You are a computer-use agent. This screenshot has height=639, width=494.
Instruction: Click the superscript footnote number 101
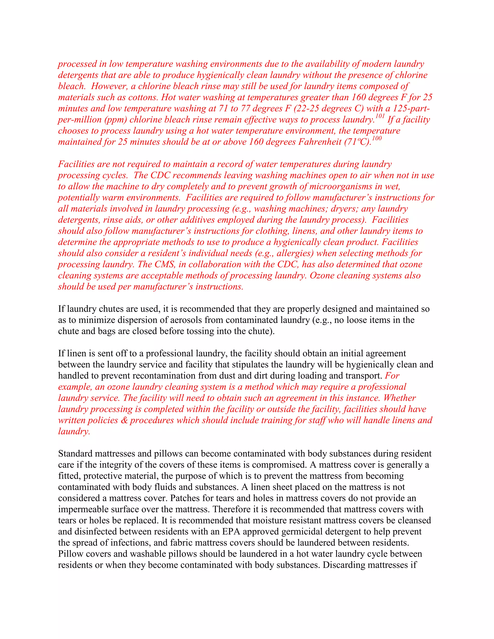(x=380, y=116)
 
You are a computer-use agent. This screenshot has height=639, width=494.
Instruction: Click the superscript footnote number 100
(x=377, y=139)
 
